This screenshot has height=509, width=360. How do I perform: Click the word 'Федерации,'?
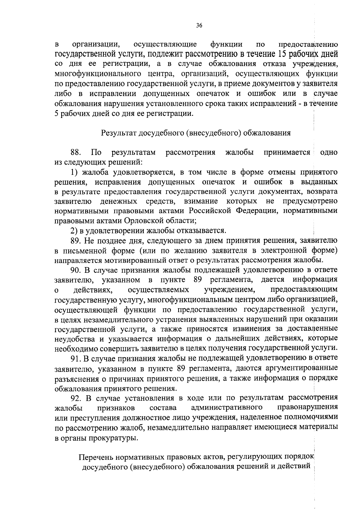click(254, 211)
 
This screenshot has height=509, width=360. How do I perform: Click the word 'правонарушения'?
click(308, 408)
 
